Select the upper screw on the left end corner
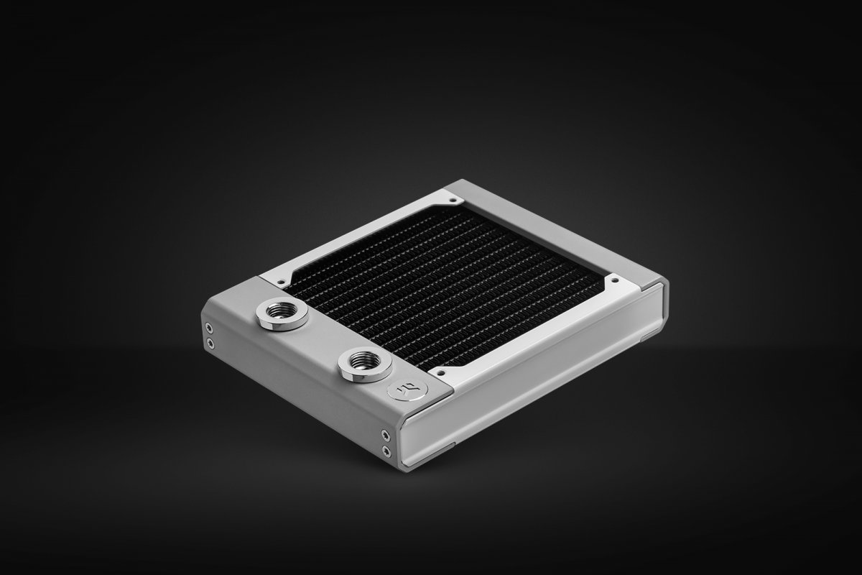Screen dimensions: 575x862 209,331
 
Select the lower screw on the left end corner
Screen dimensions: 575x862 209,344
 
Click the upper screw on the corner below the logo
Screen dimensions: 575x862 386,435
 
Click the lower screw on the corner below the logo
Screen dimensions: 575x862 386,449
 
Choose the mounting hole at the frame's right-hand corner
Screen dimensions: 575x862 616,277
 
